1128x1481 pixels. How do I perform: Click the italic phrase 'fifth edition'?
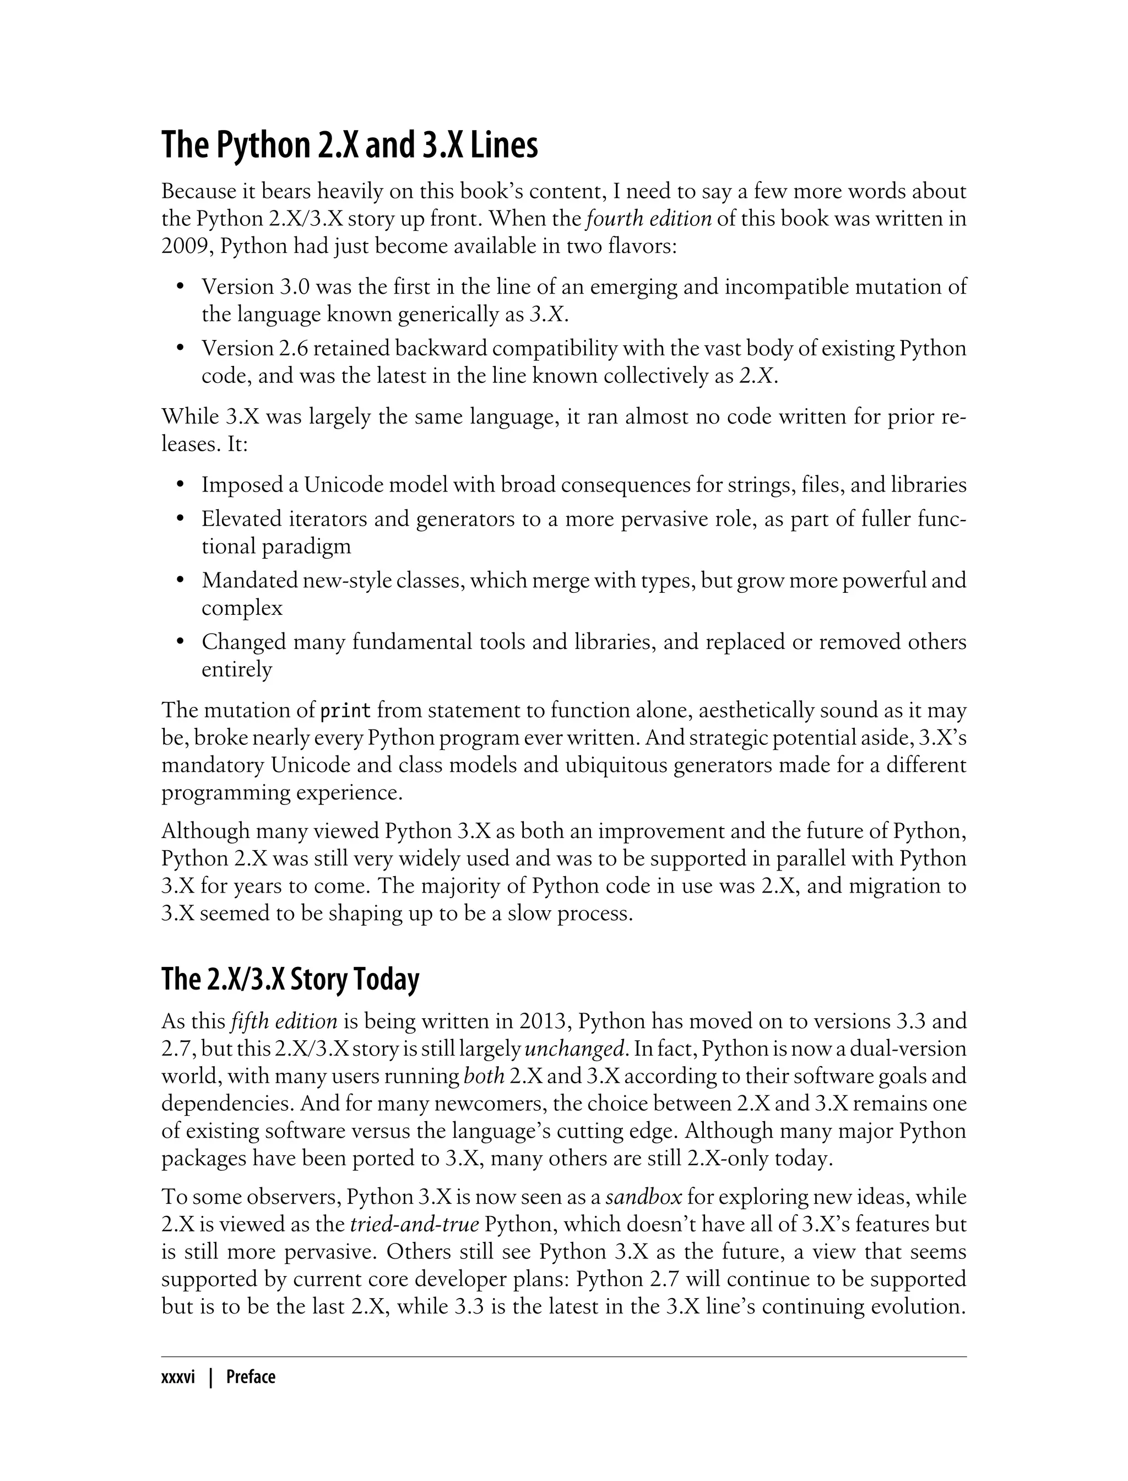point(283,1021)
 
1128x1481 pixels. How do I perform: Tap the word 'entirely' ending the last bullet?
point(236,669)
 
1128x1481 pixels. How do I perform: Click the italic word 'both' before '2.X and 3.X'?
point(484,1076)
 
